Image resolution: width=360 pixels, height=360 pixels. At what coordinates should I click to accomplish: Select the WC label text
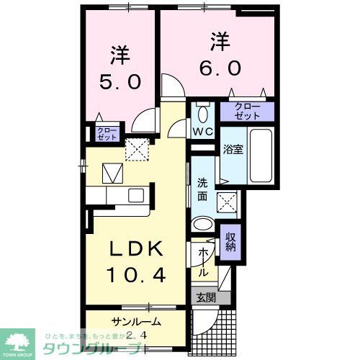click(x=202, y=132)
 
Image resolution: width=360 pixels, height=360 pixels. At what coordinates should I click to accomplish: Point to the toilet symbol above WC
click(x=202, y=113)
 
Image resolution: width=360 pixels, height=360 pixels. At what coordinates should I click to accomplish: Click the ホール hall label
click(x=204, y=264)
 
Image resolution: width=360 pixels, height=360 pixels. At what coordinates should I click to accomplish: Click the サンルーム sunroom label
click(x=135, y=322)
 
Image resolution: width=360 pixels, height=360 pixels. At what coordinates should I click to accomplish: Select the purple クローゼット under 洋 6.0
click(x=248, y=112)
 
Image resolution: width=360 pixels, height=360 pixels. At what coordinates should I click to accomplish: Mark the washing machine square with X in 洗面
click(x=229, y=199)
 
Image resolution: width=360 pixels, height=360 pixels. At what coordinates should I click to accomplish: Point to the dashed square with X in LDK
click(x=135, y=149)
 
